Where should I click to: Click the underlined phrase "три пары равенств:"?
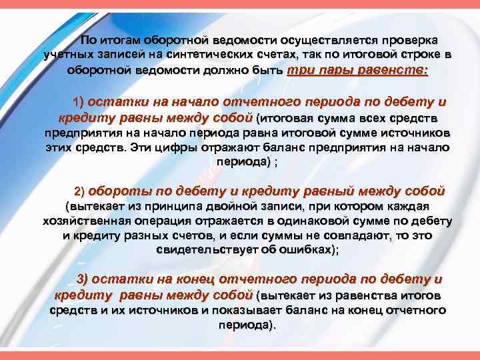pos(357,71)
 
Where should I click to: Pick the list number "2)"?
pos(79,191)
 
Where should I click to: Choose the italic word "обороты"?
pos(117,191)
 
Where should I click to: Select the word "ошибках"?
pos(304,251)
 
